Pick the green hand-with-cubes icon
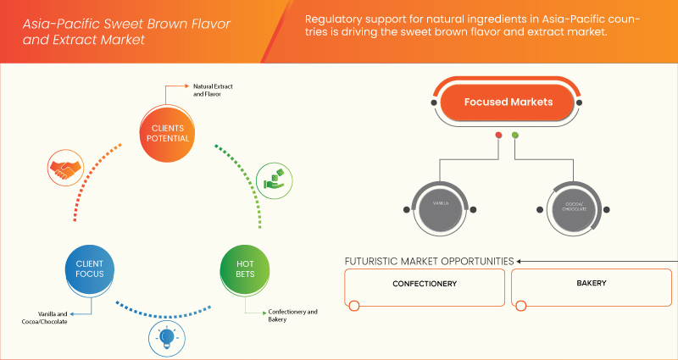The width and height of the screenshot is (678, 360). [x=275, y=180]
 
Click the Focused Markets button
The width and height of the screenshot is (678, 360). [x=508, y=102]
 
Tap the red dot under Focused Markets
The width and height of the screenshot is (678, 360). [x=498, y=135]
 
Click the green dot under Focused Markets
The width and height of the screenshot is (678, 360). [x=516, y=135]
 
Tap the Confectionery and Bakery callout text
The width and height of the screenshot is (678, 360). [x=292, y=316]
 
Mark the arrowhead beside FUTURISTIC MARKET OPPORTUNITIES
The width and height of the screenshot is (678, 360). [x=520, y=261]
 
